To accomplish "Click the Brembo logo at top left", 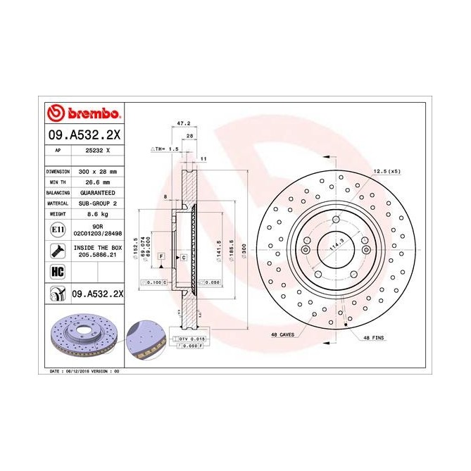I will [85, 113].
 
